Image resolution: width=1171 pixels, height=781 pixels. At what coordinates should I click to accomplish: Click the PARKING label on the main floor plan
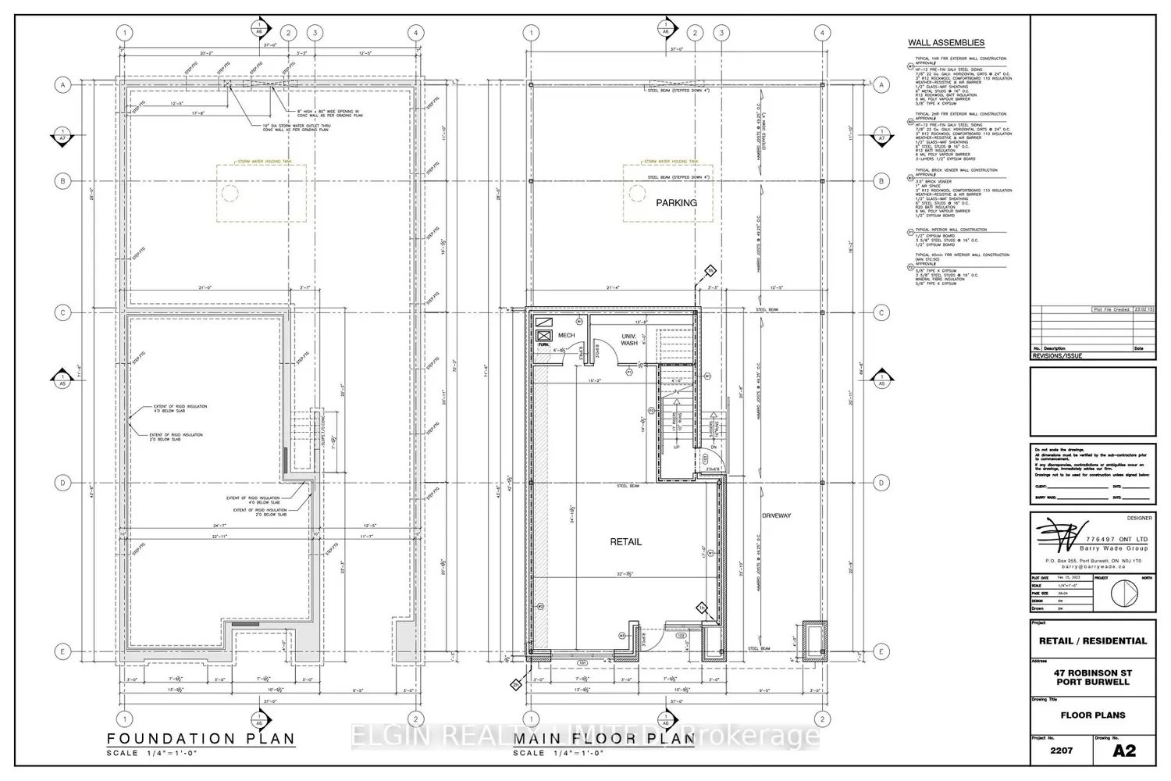point(676,203)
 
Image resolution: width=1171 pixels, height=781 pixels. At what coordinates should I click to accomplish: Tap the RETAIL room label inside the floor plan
point(625,542)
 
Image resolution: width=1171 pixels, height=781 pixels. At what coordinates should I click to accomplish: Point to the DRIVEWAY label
point(776,515)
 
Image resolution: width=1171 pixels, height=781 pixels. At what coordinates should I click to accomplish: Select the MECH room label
point(566,336)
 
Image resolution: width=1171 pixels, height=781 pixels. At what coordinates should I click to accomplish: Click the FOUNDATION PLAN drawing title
point(201,739)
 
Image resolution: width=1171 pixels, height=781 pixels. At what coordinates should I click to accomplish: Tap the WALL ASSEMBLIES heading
point(945,43)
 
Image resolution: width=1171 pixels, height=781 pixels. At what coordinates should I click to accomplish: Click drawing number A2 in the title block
point(1123,751)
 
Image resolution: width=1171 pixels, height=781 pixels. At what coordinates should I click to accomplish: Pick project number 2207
point(1061,751)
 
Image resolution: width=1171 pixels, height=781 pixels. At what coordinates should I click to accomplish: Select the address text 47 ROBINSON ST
point(1092,672)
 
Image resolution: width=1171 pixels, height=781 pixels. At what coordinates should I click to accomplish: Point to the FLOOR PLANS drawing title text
point(1092,715)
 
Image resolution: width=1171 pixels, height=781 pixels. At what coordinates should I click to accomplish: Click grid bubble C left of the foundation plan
point(63,312)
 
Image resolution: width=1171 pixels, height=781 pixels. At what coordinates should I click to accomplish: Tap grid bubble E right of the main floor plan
point(881,652)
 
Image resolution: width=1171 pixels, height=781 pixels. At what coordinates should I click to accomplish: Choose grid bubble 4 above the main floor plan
point(822,33)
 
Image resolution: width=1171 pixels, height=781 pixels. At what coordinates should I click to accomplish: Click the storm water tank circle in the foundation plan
point(230,193)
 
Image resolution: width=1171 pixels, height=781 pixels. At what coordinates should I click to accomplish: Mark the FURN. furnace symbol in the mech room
point(544,337)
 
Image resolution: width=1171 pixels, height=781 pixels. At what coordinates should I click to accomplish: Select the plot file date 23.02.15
point(1144,309)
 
